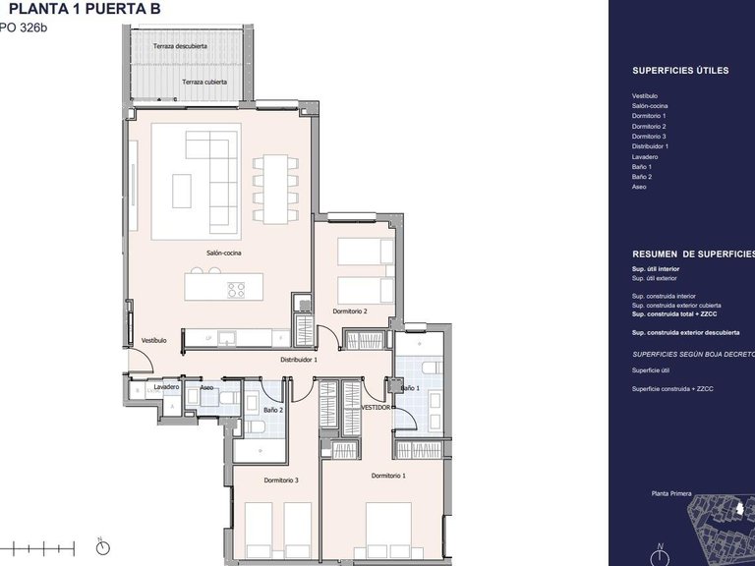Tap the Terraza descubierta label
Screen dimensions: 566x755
pyautogui.click(x=180, y=46)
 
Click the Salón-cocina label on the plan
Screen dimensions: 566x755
pyautogui.click(x=224, y=253)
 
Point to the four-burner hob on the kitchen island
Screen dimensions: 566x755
pyautogui.click(x=236, y=289)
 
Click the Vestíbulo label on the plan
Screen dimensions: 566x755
pyautogui.click(x=153, y=340)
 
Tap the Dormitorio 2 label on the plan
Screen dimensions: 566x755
pyautogui.click(x=349, y=311)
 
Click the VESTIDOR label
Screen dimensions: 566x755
pyautogui.click(x=376, y=406)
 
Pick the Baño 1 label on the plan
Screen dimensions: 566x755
pyautogui.click(x=410, y=390)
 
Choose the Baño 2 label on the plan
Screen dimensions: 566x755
pyautogui.click(x=274, y=409)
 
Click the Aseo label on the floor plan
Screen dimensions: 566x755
pyautogui.click(x=206, y=387)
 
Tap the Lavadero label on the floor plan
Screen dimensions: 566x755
pyautogui.click(x=166, y=387)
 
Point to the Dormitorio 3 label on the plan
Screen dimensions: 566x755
pyautogui.click(x=281, y=480)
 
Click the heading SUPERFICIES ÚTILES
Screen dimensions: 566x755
pyautogui.click(x=679, y=72)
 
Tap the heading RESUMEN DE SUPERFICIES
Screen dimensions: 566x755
pyautogui.click(x=693, y=253)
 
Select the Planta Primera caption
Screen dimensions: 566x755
pyautogui.click(x=672, y=494)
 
